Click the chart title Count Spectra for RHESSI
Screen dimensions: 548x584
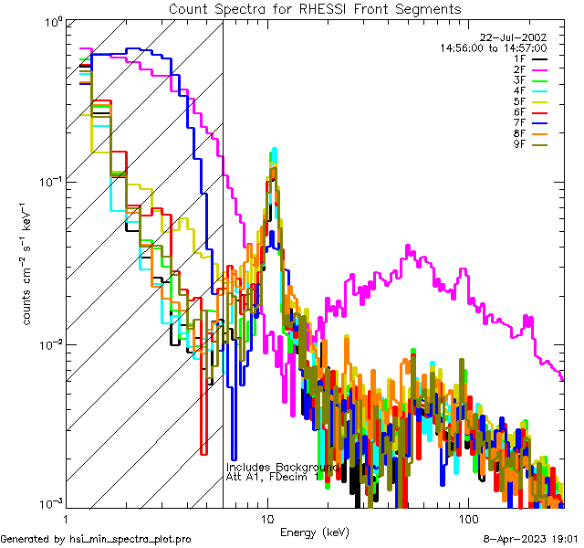coord(315,8)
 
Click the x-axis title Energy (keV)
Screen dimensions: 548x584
coord(315,532)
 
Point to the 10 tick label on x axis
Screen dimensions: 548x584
coord(266,518)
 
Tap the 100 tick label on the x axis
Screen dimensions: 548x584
coord(466,518)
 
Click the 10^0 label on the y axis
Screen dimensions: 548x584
coord(51,20)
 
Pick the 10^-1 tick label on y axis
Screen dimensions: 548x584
coord(49,182)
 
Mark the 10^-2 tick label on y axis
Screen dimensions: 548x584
coord(49,344)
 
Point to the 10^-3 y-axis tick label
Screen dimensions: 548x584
coord(49,505)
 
